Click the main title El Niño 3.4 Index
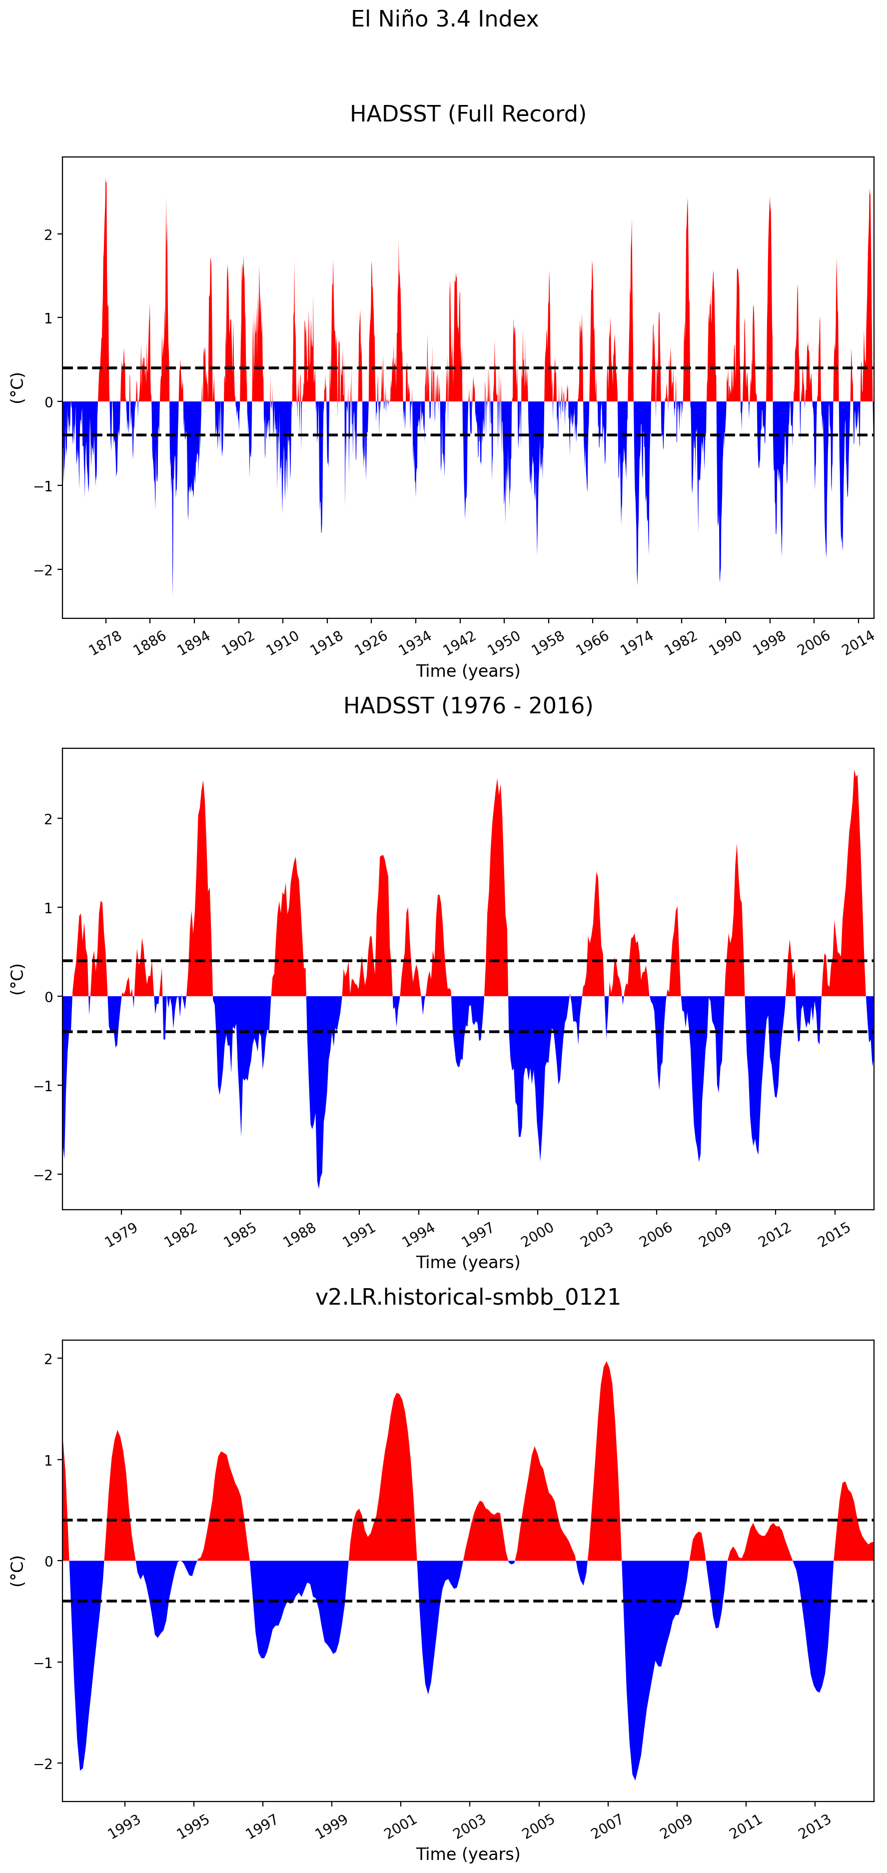[x=444, y=19]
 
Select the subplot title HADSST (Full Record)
[x=468, y=114]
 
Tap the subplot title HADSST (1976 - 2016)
[x=468, y=705]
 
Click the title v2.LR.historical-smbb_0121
[x=468, y=1297]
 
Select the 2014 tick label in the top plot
[x=858, y=643]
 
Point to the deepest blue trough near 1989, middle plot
[x=318, y=1184]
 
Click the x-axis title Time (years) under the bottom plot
[x=468, y=1854]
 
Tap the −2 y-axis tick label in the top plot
[x=43, y=570]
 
